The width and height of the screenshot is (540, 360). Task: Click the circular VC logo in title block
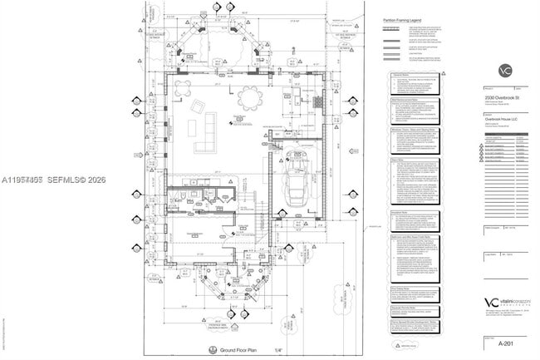(504, 70)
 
